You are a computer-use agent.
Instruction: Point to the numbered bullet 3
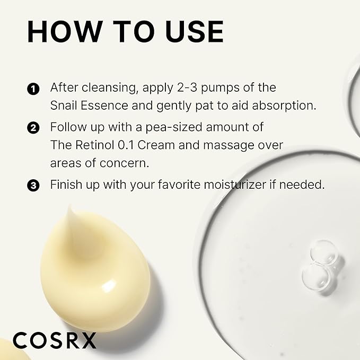click(x=33, y=186)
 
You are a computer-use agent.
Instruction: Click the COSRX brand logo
click(x=55, y=339)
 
